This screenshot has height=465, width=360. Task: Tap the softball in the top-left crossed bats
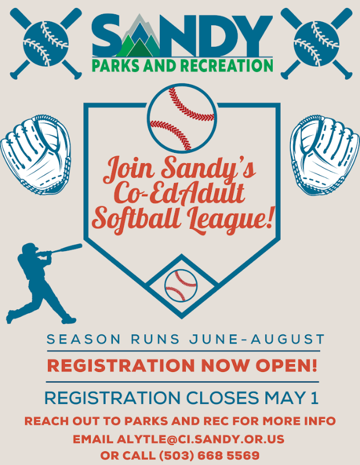(46, 43)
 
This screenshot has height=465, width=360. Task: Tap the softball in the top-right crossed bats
(317, 43)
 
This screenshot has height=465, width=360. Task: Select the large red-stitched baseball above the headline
(182, 118)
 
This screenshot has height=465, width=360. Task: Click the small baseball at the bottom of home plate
(181, 286)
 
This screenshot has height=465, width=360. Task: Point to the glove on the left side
(35, 155)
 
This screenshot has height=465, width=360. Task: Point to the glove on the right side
(325, 155)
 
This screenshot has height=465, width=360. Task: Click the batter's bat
(66, 249)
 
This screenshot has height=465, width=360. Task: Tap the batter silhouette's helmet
(30, 247)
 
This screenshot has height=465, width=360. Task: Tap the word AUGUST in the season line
(288, 339)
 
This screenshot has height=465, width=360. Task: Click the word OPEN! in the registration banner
(286, 365)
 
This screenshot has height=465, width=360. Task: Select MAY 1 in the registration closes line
(291, 398)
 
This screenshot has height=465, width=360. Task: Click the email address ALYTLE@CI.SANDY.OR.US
(200, 439)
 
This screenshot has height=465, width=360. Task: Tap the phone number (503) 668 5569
(209, 455)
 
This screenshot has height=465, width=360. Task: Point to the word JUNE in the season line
(213, 339)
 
